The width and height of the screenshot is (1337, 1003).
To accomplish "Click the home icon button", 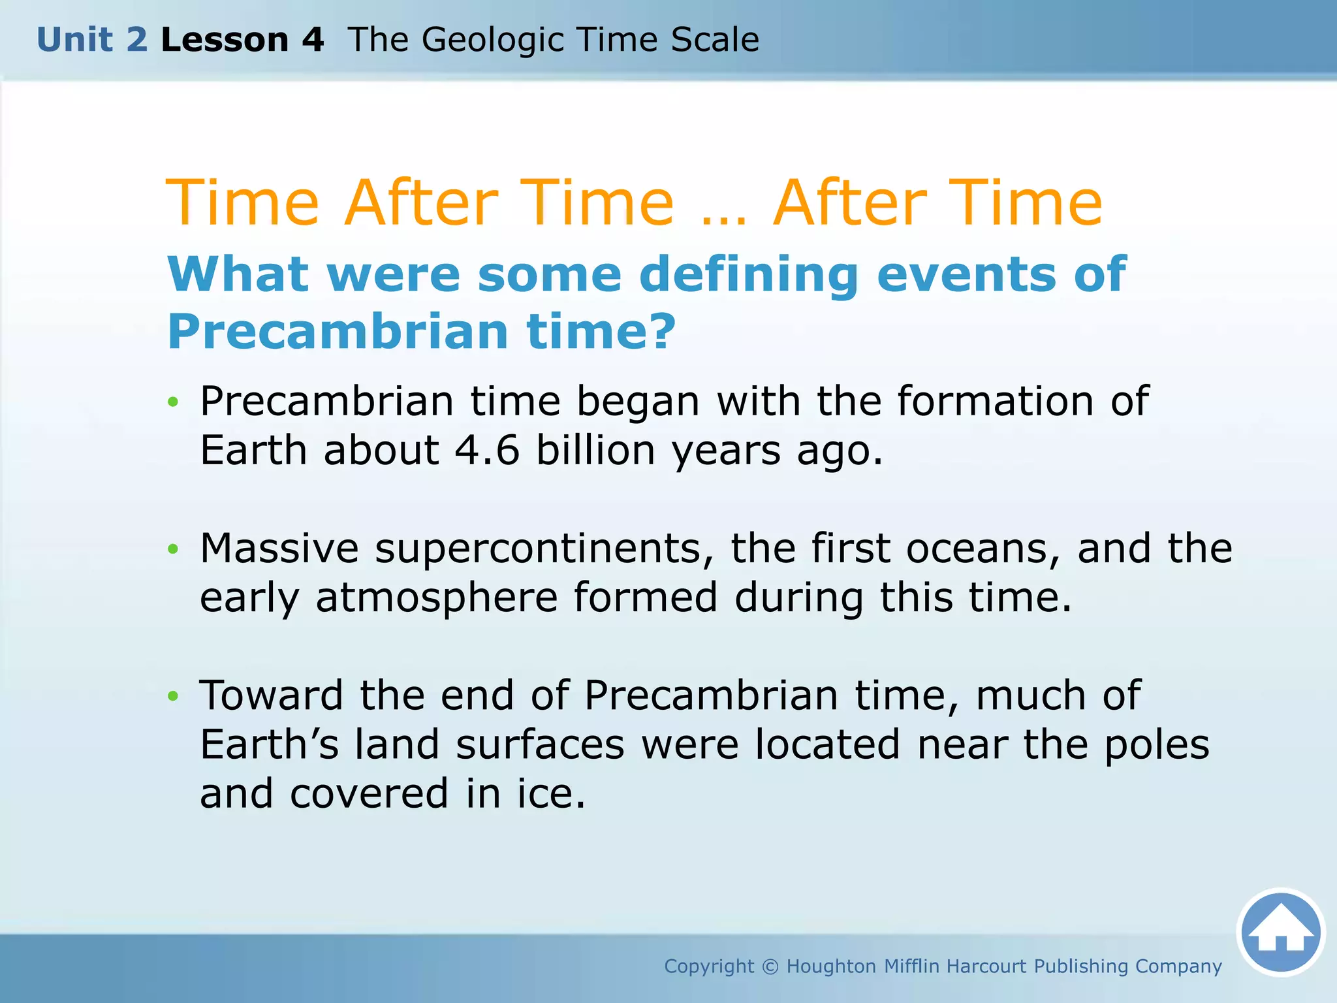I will (1281, 932).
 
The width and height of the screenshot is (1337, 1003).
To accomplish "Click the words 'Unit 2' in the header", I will (92, 40).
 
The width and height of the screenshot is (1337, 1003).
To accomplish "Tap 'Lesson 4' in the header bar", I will (242, 40).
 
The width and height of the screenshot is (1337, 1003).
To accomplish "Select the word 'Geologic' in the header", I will (493, 40).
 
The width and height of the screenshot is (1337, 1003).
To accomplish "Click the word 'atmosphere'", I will (437, 597).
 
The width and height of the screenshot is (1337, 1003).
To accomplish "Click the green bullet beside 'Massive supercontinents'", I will (172, 549).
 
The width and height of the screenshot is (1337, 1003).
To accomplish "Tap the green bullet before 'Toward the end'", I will (172, 696).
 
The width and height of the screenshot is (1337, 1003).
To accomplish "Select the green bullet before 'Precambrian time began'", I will (172, 402).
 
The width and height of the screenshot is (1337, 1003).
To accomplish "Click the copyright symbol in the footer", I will (770, 966).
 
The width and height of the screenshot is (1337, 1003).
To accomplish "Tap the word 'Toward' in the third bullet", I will (271, 695).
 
